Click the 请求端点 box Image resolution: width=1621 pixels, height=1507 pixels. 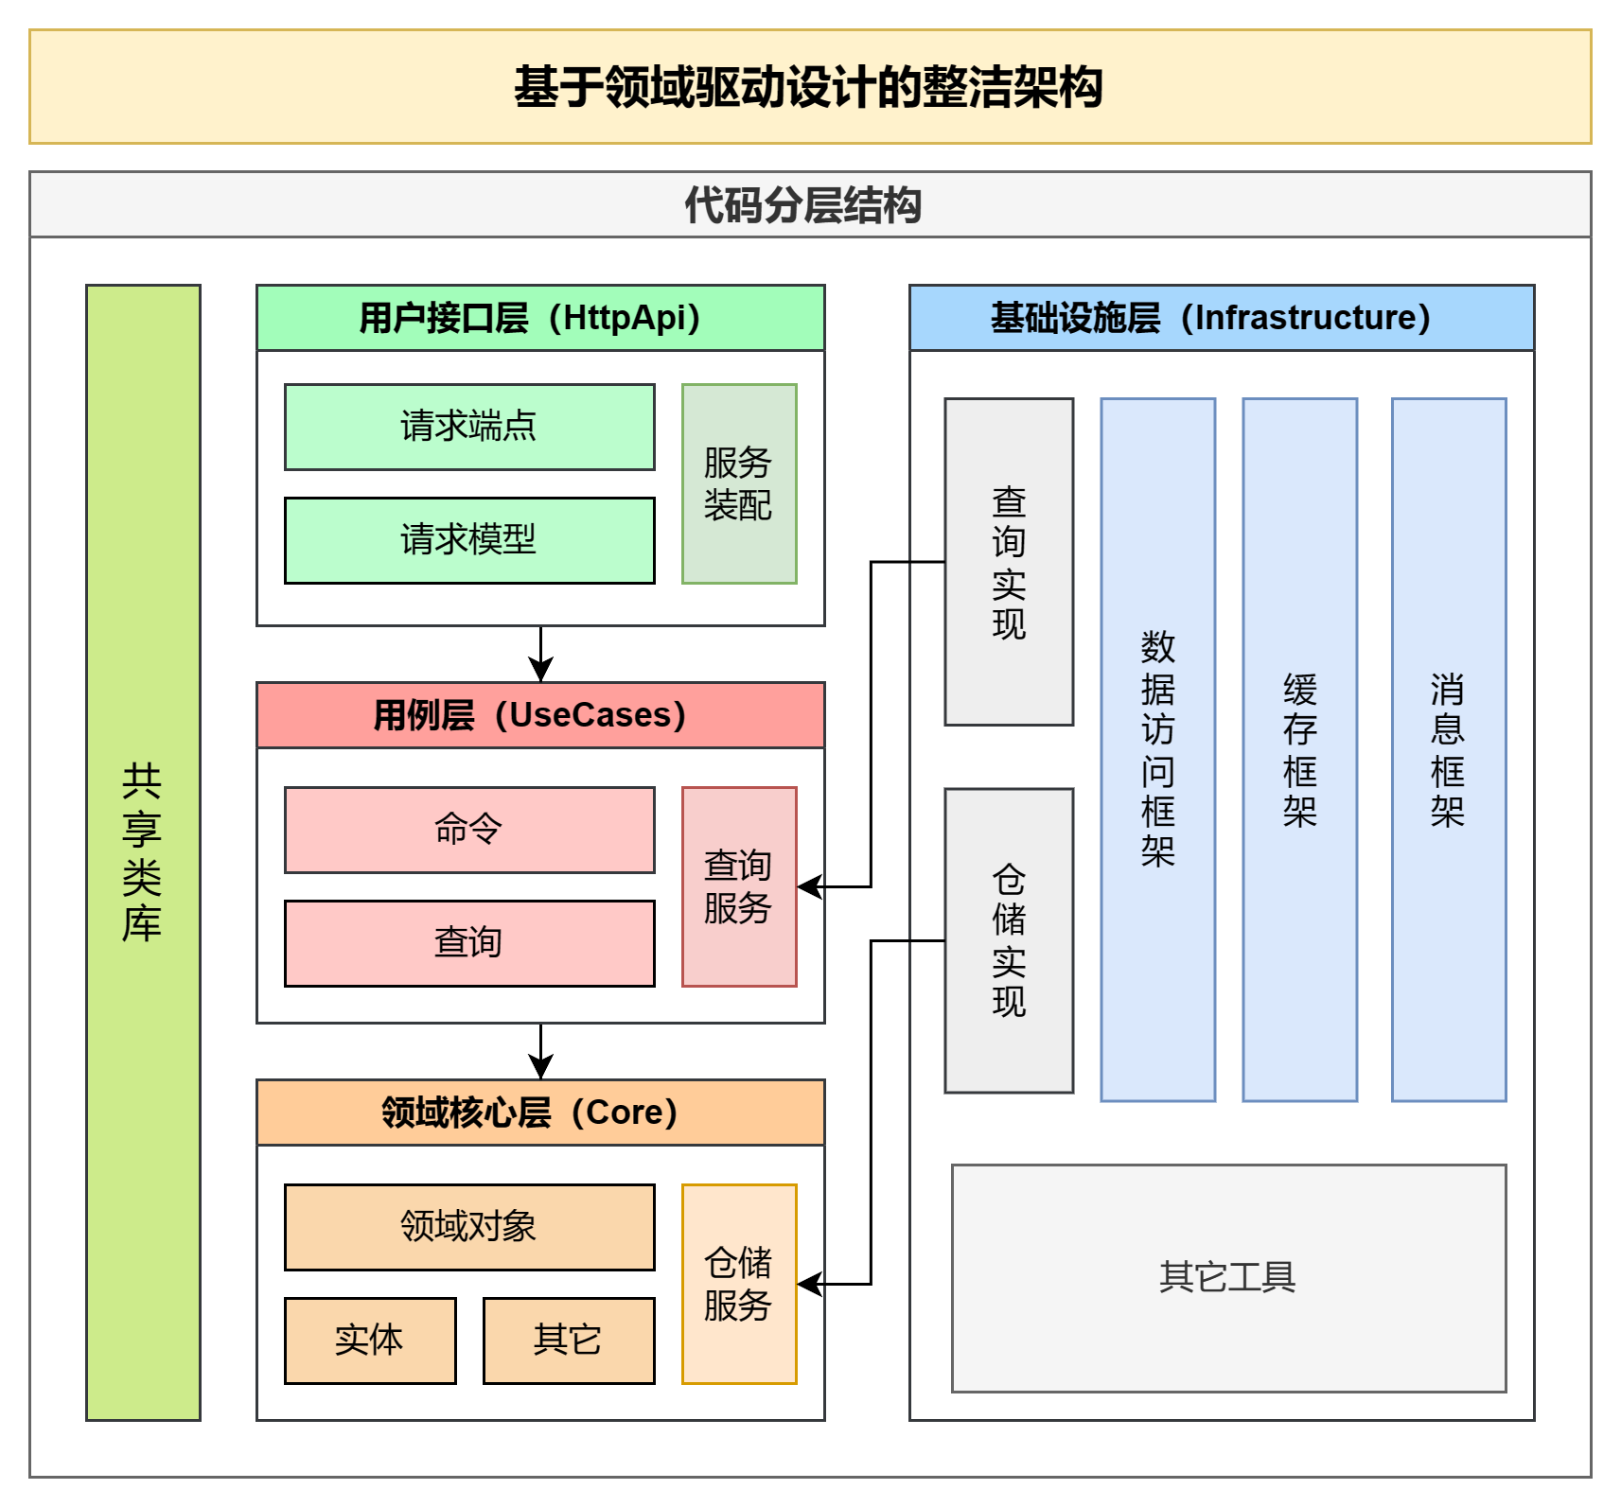(x=469, y=427)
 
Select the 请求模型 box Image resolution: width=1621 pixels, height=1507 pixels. (x=469, y=540)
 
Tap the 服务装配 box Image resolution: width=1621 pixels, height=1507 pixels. (x=739, y=483)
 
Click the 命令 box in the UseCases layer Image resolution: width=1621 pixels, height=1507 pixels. (x=469, y=830)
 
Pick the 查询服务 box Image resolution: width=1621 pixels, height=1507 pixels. (x=739, y=886)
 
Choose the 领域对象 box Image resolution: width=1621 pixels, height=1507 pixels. (x=469, y=1227)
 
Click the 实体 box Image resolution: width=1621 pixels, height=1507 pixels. (x=370, y=1341)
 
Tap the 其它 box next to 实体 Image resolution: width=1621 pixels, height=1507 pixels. (x=569, y=1341)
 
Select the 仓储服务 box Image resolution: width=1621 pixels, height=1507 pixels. (x=739, y=1284)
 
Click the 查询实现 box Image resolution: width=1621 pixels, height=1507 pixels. (x=1009, y=562)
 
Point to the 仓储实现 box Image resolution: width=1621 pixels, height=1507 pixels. (x=1009, y=940)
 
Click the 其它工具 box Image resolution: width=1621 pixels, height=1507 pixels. (x=1228, y=1278)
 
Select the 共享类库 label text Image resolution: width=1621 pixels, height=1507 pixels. (x=142, y=852)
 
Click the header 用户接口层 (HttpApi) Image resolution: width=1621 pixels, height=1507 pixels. (x=540, y=318)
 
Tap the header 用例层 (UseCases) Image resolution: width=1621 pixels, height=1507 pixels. (x=540, y=715)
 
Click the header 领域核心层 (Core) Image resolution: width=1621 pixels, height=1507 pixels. (x=540, y=1113)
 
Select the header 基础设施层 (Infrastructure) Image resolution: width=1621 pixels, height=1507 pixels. (x=1222, y=318)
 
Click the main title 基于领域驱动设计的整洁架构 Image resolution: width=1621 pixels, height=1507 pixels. (x=810, y=87)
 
